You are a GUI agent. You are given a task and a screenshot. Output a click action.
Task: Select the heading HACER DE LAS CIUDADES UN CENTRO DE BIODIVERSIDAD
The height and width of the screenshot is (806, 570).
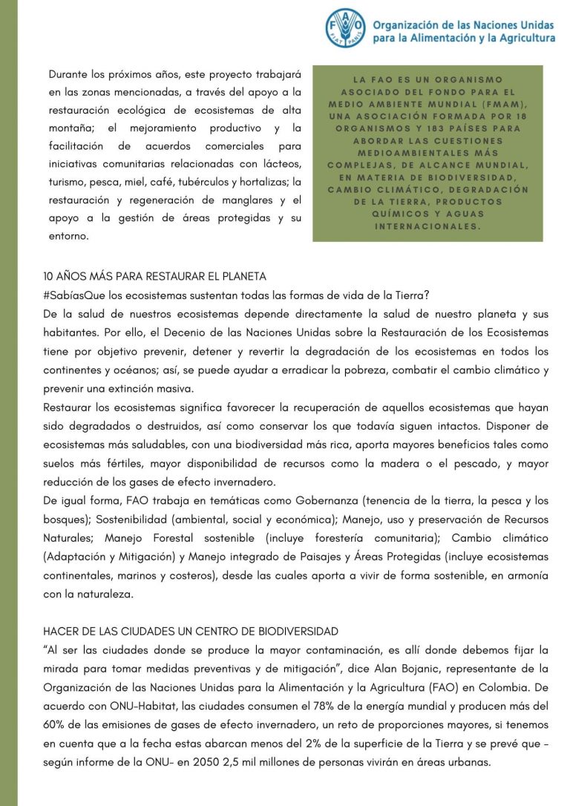(191, 632)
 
